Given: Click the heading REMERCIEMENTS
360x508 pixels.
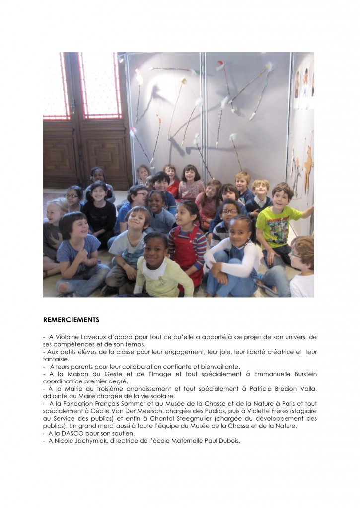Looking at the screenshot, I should click(x=71, y=319).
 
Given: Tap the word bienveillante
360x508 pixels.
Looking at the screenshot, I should click(x=218, y=367).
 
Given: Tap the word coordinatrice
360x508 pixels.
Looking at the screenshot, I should click(x=65, y=381).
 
